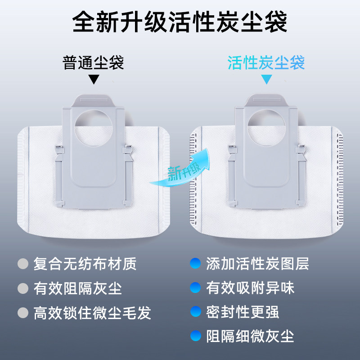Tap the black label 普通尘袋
point(93,63)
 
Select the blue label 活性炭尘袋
point(266,63)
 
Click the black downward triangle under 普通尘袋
point(93,79)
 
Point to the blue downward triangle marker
point(267,79)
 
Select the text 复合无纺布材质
point(85,264)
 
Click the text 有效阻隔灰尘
point(77,288)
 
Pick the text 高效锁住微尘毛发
point(92,312)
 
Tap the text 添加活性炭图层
point(257,264)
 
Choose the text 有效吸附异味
point(250,288)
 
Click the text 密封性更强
point(243,311)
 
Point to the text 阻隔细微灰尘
point(250,336)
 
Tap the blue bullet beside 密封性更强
point(195,311)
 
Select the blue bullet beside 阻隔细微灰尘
point(195,336)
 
